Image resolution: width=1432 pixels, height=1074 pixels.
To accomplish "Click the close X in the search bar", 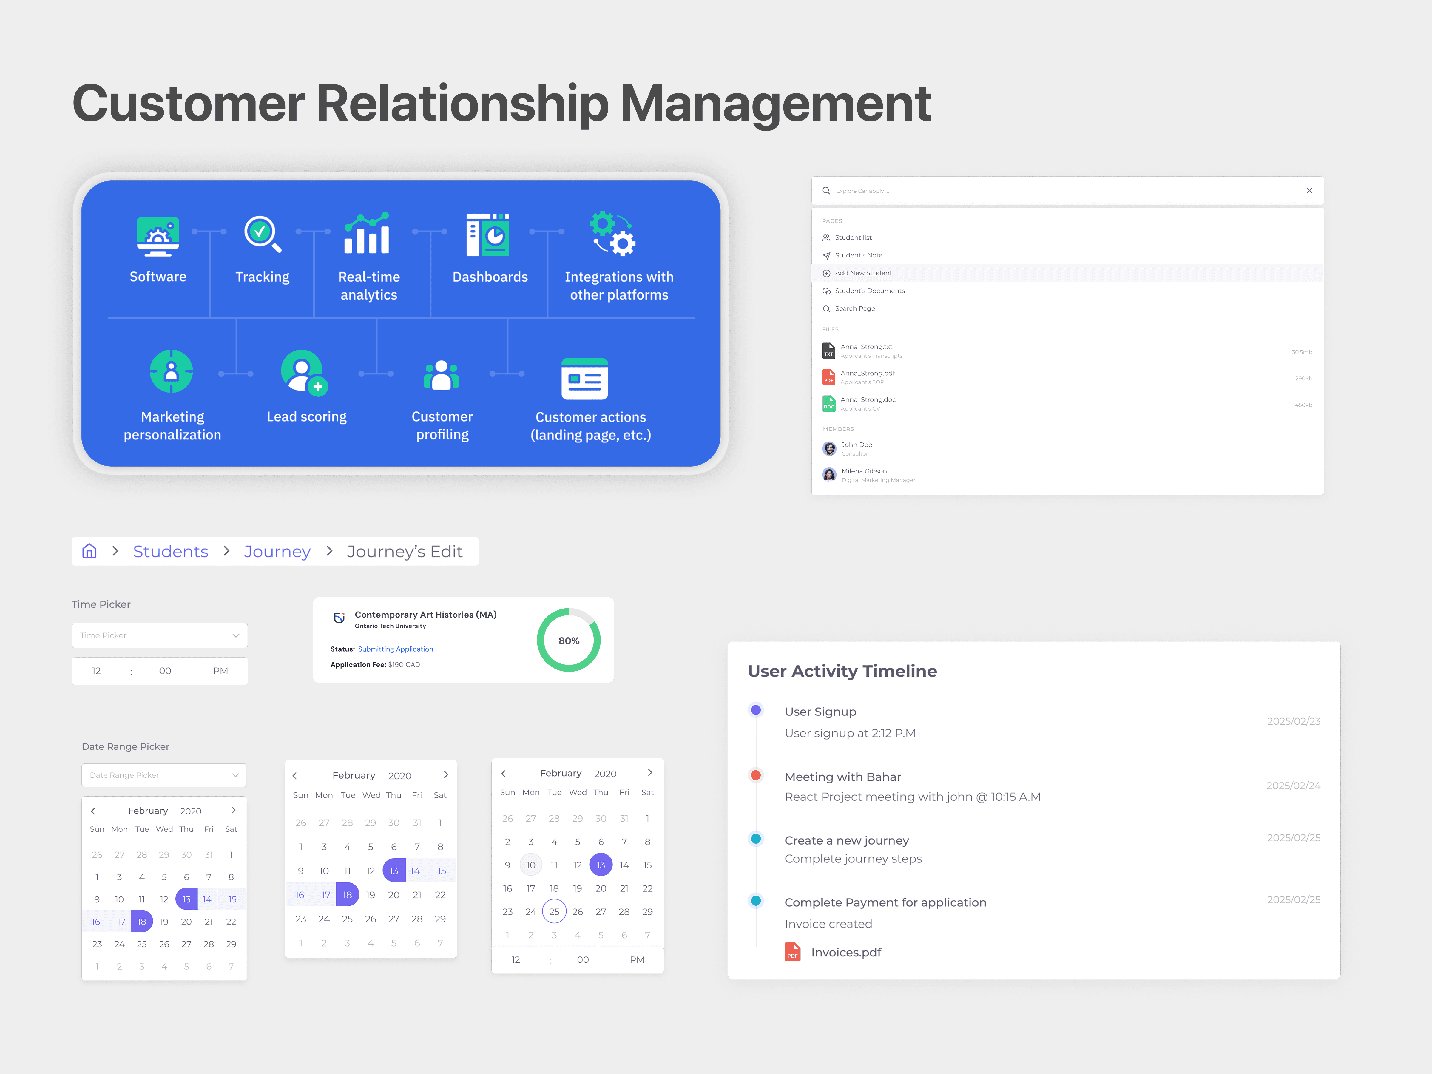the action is pos(1309,190).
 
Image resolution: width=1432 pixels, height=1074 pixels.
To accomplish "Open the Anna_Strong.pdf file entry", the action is pos(868,374).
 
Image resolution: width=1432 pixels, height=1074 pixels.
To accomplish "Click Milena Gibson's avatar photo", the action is pos(829,475).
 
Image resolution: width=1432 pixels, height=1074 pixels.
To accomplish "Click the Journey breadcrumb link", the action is pos(277,552).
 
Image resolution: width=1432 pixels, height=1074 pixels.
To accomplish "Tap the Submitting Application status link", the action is pos(396,649).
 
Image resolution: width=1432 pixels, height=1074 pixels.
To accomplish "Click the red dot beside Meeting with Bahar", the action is pos(755,775).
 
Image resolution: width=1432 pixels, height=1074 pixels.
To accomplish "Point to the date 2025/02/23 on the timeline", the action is pos(1294,721).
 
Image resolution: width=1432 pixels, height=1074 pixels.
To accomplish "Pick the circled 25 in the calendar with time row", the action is pos(554,911).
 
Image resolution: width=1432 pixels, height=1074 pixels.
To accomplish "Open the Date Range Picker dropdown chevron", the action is pos(235,775).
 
